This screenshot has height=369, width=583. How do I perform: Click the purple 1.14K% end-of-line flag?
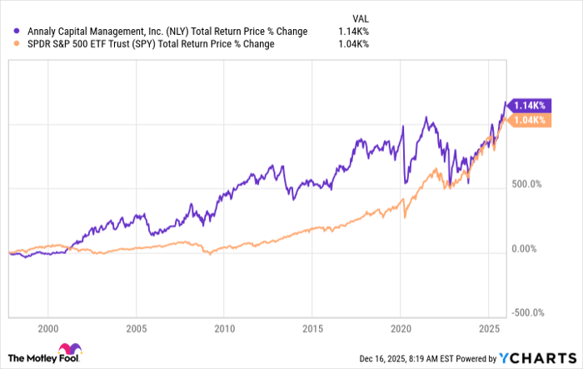click(527, 105)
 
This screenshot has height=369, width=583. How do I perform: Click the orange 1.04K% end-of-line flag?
click(527, 121)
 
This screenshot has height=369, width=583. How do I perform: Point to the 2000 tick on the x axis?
click(49, 327)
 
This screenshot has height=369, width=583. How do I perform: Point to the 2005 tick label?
click(137, 327)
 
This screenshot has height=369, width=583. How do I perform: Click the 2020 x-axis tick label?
click(401, 327)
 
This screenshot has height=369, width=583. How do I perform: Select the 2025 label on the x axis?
click(488, 327)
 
